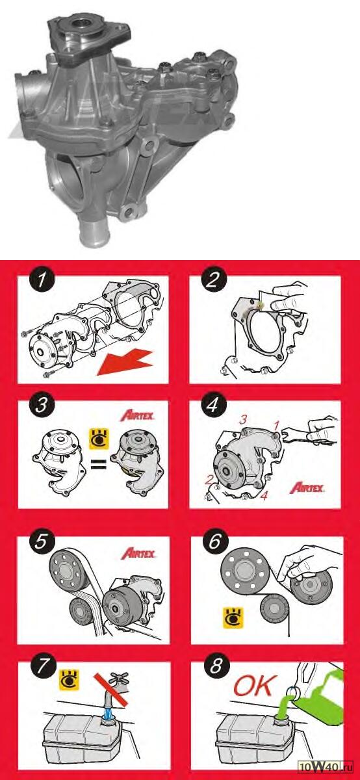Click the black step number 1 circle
[42, 279]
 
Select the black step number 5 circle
[41, 541]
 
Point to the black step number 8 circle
[216, 666]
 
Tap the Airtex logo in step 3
[137, 415]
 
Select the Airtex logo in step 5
[138, 552]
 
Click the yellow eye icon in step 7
[70, 680]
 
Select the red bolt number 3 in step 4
[244, 419]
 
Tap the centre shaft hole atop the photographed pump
[81, 25]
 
